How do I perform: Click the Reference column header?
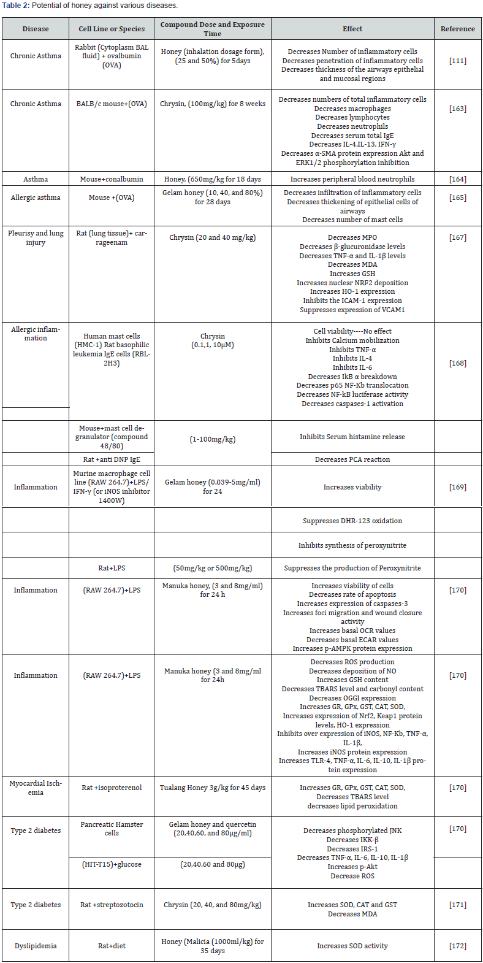[457, 29]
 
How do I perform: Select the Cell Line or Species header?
[112, 29]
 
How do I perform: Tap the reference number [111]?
[457, 61]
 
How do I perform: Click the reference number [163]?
[457, 109]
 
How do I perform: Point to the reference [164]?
[457, 179]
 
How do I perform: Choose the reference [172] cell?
[457, 946]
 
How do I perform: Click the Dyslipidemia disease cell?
[36, 946]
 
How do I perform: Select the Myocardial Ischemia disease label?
[36, 788]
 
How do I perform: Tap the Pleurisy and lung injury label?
[36, 237]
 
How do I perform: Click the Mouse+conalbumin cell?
[112, 179]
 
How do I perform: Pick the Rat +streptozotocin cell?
[112, 905]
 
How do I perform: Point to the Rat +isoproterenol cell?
[112, 788]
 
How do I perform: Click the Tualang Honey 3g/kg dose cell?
[213, 788]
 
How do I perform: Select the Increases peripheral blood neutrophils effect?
[352, 179]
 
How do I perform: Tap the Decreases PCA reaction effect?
[352, 459]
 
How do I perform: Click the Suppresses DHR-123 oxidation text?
[352, 521]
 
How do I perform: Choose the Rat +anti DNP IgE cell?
[112, 459]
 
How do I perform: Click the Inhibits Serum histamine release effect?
[352, 437]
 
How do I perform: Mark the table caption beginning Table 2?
[89, 6]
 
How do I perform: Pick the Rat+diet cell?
[112, 946]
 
